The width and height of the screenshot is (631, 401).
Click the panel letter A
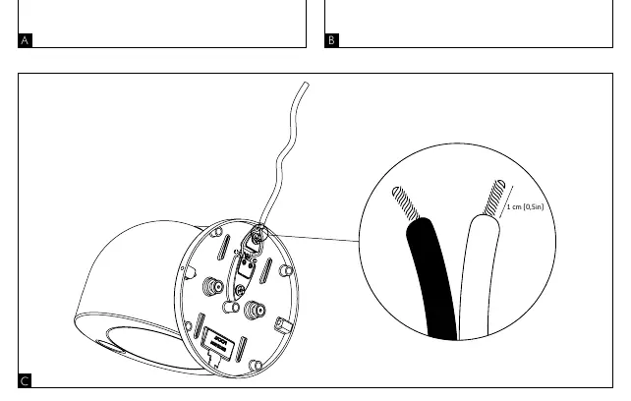(25, 40)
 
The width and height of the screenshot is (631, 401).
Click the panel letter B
(331, 40)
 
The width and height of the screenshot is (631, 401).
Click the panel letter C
(25, 381)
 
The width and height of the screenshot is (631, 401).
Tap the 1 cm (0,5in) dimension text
(525, 207)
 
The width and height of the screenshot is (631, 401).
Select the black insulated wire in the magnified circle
(431, 278)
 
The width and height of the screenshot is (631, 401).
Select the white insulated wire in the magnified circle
(479, 278)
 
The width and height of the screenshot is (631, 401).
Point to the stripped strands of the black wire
(406, 202)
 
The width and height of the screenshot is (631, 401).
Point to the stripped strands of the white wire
(494, 198)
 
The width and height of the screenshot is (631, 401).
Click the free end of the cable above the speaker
(307, 85)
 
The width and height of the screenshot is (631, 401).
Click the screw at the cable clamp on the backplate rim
(256, 239)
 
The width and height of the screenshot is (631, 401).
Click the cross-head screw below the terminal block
(240, 290)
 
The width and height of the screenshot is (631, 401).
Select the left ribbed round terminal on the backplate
(213, 287)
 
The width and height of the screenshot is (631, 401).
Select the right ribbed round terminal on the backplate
(255, 310)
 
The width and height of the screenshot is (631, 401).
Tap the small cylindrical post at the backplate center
(231, 308)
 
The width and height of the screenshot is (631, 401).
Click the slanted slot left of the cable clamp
(223, 248)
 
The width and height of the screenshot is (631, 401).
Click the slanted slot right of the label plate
(242, 349)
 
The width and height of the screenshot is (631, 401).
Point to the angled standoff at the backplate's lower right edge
(282, 325)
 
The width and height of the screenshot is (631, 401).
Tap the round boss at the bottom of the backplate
(256, 366)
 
